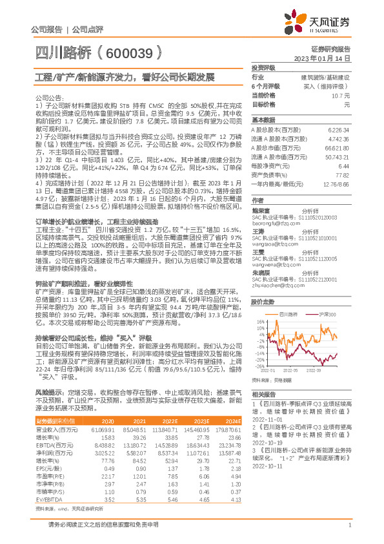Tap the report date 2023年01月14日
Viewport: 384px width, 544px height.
tap(325, 58)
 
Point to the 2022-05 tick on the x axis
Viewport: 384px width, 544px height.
tap(290, 370)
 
